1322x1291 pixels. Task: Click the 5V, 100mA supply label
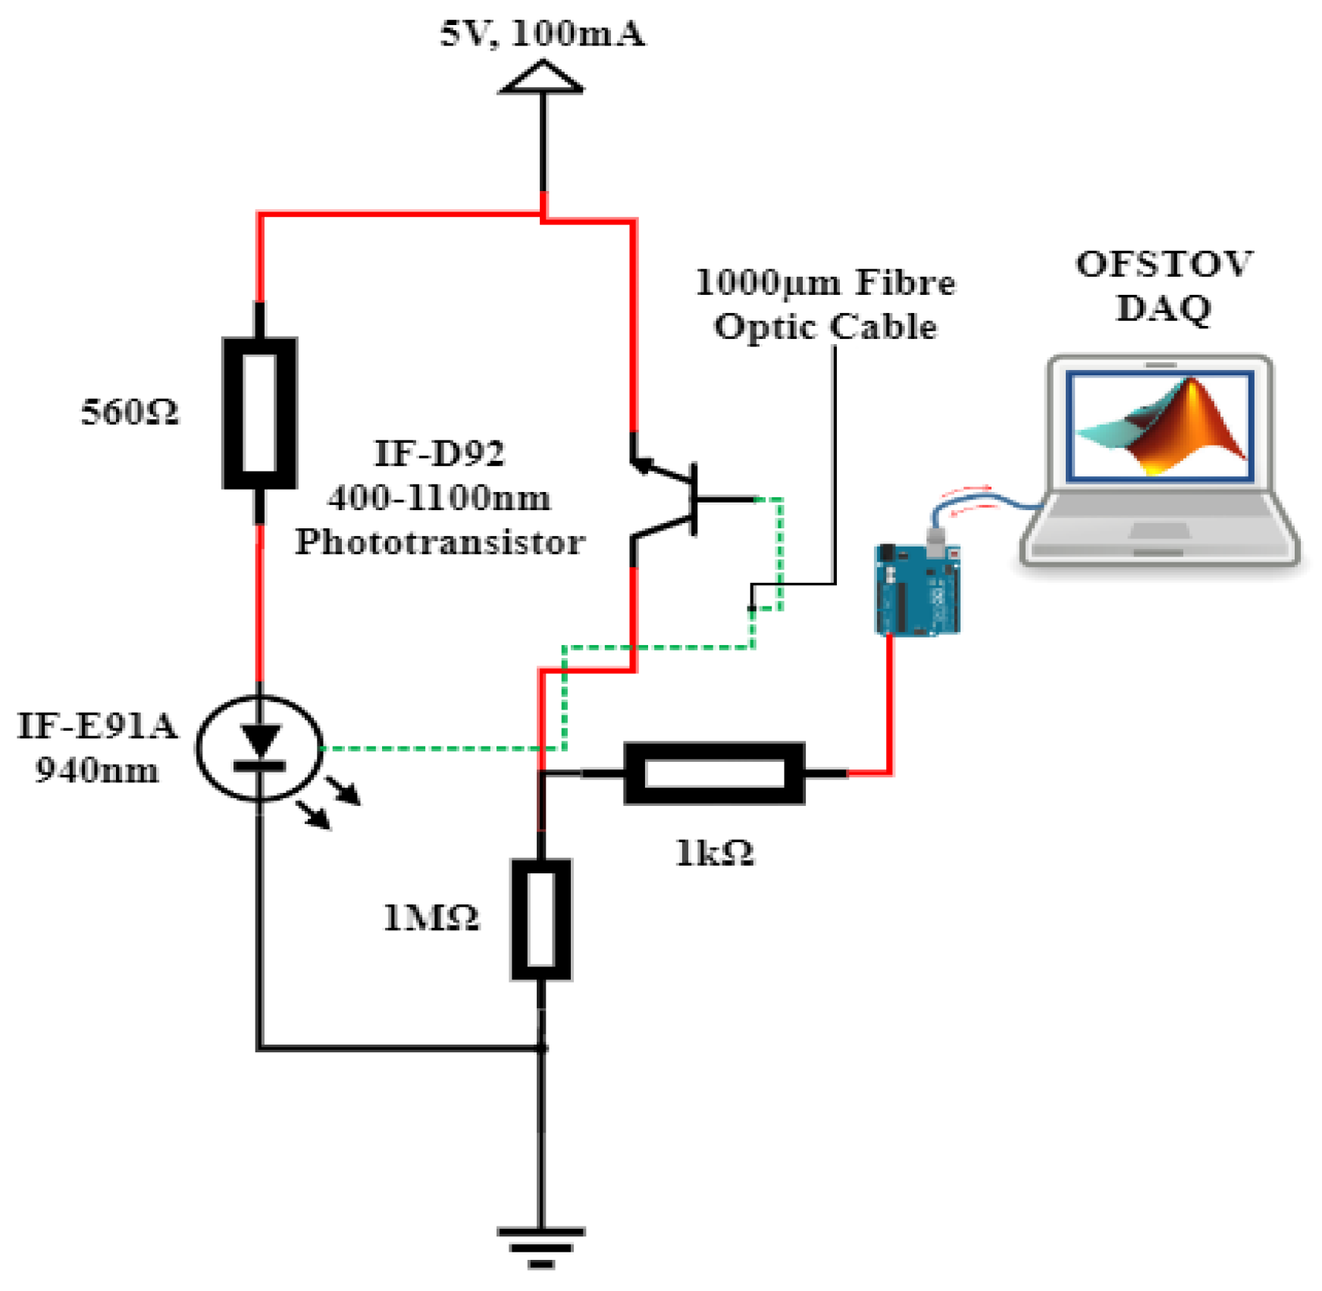coord(542,35)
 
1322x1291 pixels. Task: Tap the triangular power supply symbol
coord(542,79)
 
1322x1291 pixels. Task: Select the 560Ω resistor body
coord(259,413)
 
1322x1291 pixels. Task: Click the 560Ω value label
coord(130,413)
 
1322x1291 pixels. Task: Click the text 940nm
coord(97,771)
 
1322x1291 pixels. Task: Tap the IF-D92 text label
coord(439,454)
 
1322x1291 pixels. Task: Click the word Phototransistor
coord(440,542)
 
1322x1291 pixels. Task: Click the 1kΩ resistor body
coord(713,773)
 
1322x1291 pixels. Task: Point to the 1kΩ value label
coord(713,854)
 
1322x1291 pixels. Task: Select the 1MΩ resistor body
coord(540,919)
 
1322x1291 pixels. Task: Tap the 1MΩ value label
coord(431,919)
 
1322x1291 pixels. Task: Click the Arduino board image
coord(917,589)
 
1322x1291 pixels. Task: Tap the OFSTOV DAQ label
coord(1164,286)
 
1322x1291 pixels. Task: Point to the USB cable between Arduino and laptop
coord(985,500)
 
